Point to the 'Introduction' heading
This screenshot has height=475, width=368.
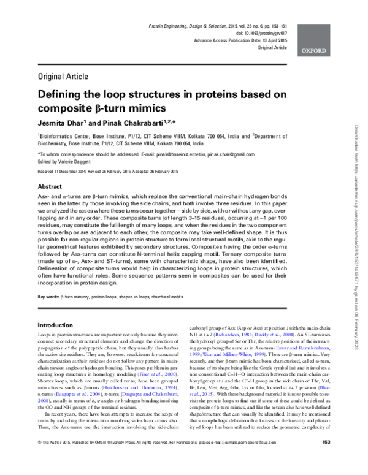55,325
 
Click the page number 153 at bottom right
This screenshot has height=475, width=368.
326,459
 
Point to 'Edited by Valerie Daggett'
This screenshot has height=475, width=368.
64,161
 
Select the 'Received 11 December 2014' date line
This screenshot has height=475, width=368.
67,171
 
